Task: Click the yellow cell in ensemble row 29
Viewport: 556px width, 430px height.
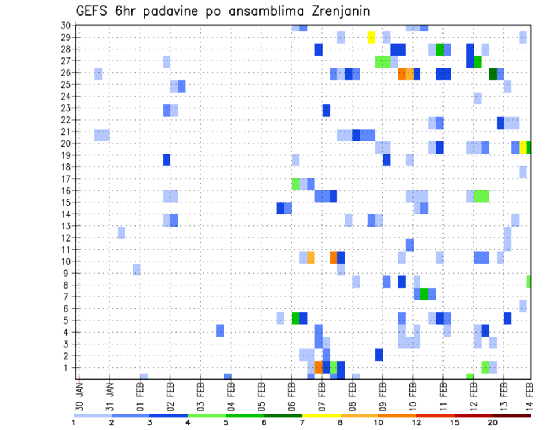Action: pyautogui.click(x=371, y=38)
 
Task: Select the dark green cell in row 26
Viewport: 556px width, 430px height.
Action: pyautogui.click(x=493, y=74)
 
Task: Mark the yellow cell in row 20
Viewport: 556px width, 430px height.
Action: pyautogui.click(x=523, y=147)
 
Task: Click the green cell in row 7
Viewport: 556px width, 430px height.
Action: pyautogui.click(x=425, y=294)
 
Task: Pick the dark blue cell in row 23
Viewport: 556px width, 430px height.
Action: pyautogui.click(x=326, y=110)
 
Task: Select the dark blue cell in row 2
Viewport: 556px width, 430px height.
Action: pyautogui.click(x=379, y=355)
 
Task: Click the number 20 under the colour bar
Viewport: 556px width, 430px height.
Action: pyautogui.click(x=492, y=422)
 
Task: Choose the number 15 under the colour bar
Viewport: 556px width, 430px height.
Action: pyautogui.click(x=454, y=422)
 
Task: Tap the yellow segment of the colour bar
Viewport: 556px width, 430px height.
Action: pyautogui.click(x=321, y=415)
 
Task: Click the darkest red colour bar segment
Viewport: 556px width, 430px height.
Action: pyautogui.click(x=511, y=415)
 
